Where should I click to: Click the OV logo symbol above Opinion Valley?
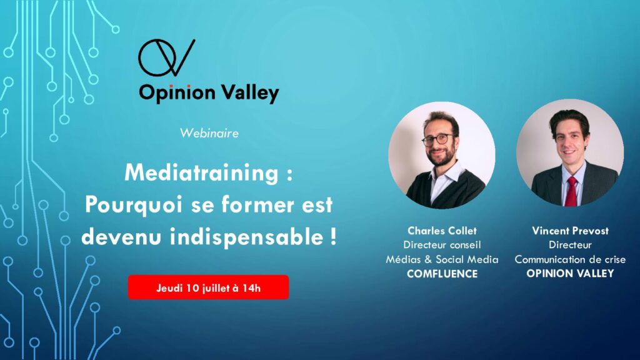pyautogui.click(x=166, y=57)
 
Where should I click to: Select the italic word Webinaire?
pyautogui.click(x=209, y=133)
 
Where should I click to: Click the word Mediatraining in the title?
pyautogui.click(x=202, y=173)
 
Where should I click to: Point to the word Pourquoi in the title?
pyautogui.click(x=134, y=204)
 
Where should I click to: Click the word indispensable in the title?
pyautogui.click(x=247, y=237)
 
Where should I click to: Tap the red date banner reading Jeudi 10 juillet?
pyautogui.click(x=208, y=287)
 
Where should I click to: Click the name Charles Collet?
pyautogui.click(x=442, y=231)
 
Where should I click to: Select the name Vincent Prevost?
pyautogui.click(x=570, y=231)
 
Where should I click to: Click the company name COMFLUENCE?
pyautogui.click(x=442, y=274)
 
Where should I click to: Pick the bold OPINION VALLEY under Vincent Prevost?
pyautogui.click(x=570, y=274)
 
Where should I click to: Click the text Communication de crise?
pyautogui.click(x=570, y=259)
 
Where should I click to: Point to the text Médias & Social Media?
pyautogui.click(x=442, y=259)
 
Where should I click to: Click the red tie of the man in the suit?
pyautogui.click(x=571, y=191)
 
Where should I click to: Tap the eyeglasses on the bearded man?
pyautogui.click(x=438, y=139)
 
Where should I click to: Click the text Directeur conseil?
pyautogui.click(x=442, y=245)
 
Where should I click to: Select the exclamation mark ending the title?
pyautogui.click(x=334, y=235)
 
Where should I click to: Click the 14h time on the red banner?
pyautogui.click(x=251, y=288)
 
